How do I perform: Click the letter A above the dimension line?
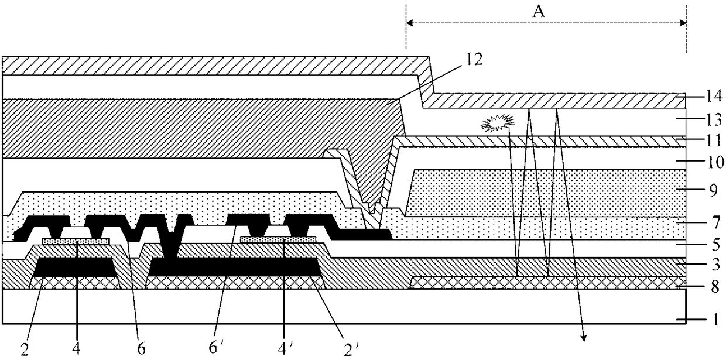tap(539, 12)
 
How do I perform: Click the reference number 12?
tap(474, 60)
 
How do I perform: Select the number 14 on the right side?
tap(714, 97)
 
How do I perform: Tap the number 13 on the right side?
tap(714, 120)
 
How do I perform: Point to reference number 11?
tap(714, 141)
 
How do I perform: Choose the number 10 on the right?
tap(715, 162)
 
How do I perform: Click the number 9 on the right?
tap(714, 191)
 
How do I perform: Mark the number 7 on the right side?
tap(715, 223)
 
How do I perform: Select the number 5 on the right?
tap(715, 244)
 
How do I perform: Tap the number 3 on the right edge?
tap(715, 265)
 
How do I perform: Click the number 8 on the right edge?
tap(715, 287)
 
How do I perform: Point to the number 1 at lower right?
tap(715, 320)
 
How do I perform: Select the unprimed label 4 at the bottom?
tap(76, 349)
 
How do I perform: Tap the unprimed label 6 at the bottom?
tap(141, 349)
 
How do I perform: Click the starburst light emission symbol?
tap(498, 123)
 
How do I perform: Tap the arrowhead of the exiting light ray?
tap(583, 338)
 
